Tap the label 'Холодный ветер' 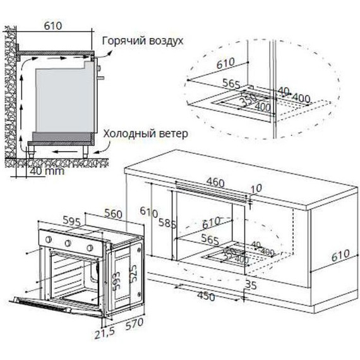click(x=145, y=135)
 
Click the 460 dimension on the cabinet click(x=215, y=183)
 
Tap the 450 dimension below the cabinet click(x=206, y=296)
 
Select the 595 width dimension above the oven click(x=72, y=222)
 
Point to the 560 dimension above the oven click(x=112, y=214)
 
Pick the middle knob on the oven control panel click(x=69, y=244)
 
